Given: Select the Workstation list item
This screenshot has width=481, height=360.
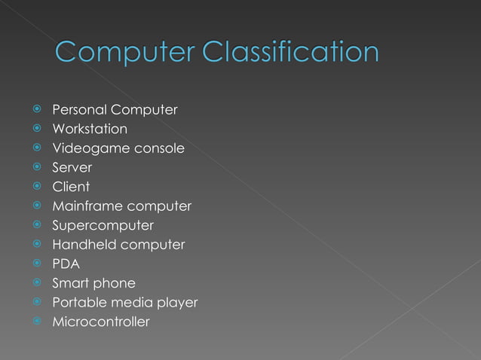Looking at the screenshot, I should click(89, 130).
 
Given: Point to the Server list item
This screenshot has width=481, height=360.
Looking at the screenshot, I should click(72, 168).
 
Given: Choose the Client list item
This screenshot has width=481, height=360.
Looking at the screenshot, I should click(71, 187).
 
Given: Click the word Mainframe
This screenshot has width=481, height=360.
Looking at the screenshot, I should click(87, 206).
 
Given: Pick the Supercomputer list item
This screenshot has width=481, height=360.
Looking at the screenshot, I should click(103, 225).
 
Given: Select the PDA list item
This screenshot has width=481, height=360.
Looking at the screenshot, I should click(66, 264).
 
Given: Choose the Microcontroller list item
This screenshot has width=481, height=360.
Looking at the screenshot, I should click(101, 322).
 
